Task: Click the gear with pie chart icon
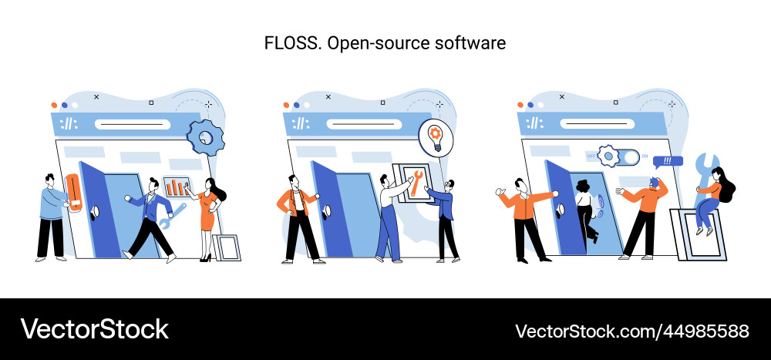click(x=204, y=136)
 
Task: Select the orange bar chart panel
click(x=177, y=187)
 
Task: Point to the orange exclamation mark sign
click(x=74, y=190)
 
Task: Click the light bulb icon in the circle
click(x=436, y=137)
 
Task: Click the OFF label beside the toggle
click(x=591, y=156)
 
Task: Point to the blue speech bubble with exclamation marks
click(x=668, y=162)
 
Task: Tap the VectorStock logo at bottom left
click(x=94, y=329)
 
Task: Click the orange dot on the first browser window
click(x=54, y=104)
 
